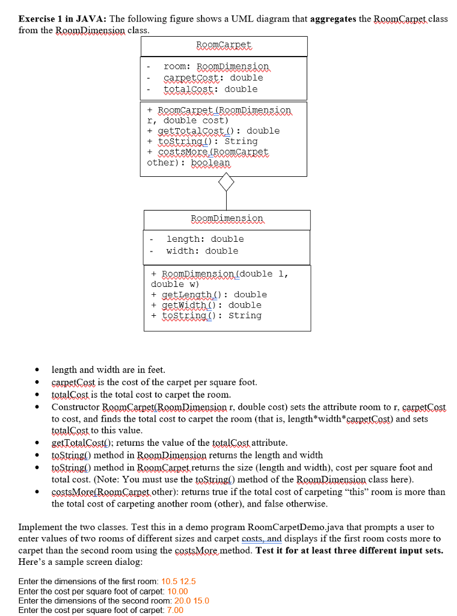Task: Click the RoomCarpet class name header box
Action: click(224, 45)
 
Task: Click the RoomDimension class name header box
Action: click(227, 218)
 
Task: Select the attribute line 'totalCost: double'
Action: click(210, 89)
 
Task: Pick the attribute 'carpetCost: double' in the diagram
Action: click(213, 78)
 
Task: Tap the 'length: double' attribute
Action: click(205, 239)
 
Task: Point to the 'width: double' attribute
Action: click(202, 251)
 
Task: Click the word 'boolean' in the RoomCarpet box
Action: click(210, 163)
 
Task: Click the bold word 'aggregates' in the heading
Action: click(334, 19)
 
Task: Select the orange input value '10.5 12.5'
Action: click(179, 582)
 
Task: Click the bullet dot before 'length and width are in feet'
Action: click(38, 370)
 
